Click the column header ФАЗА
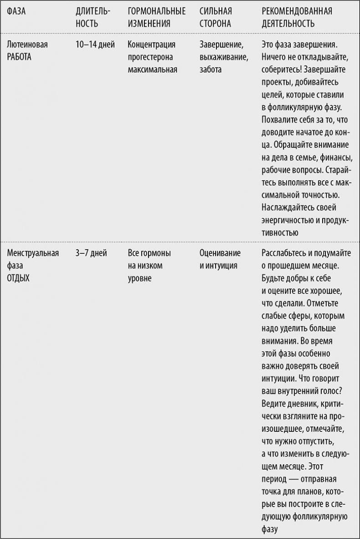(16, 11)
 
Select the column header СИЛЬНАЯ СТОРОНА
(216, 17)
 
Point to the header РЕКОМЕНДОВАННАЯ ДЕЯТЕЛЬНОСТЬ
(297, 17)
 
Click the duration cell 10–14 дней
(95, 45)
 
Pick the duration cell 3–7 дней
(91, 253)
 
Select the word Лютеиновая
(27, 45)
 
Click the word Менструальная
(33, 253)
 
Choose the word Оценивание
(220, 253)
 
